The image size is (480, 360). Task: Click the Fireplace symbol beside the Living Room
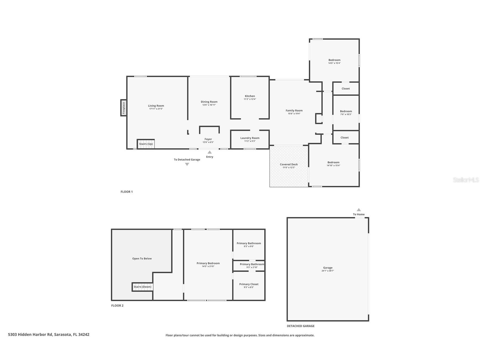[x=124, y=108]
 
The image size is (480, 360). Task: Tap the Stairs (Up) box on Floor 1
[x=146, y=144]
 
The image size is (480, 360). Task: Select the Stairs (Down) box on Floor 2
[x=143, y=287]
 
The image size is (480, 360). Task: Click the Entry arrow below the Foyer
[x=210, y=152]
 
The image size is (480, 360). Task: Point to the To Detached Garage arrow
[x=187, y=164]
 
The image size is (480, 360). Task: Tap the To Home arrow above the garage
[x=359, y=210]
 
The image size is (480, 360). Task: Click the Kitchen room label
[x=250, y=96]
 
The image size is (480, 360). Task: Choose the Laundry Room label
[x=250, y=138]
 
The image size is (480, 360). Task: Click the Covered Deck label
[x=289, y=164]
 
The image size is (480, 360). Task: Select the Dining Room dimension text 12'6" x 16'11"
[x=209, y=105]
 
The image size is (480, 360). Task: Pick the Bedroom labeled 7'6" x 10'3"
[x=346, y=111]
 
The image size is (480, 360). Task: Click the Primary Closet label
[x=249, y=284]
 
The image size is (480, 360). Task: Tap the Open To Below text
[x=142, y=258]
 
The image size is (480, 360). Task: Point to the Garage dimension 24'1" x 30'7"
[x=328, y=271]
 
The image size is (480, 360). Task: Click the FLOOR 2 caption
[x=117, y=306]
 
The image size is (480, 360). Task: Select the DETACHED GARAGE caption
[x=301, y=326]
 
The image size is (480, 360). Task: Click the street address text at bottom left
[x=49, y=335]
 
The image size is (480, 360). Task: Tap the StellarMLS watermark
[x=466, y=180]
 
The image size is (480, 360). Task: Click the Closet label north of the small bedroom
[x=346, y=89]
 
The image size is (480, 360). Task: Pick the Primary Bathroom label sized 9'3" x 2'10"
[x=252, y=264]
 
